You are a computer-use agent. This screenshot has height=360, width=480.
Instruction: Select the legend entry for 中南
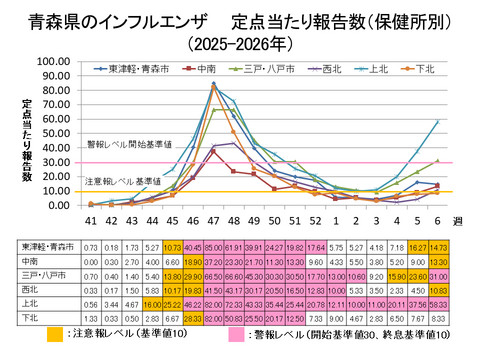(x=205, y=69)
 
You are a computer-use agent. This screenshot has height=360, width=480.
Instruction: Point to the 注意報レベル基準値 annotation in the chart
(x=120, y=180)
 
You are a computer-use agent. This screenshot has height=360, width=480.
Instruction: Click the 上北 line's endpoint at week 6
(x=437, y=121)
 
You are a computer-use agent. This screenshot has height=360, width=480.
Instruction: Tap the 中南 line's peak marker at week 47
(x=213, y=151)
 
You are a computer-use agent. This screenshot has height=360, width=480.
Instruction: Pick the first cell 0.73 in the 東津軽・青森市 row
(x=90, y=246)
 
